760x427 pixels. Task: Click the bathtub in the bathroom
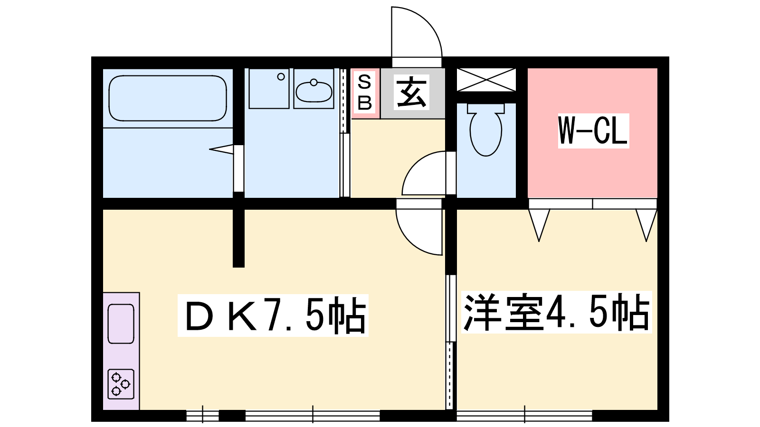point(168,98)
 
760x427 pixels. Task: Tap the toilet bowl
point(486,130)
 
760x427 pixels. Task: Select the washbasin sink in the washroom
point(314,91)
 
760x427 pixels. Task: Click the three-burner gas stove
point(121,384)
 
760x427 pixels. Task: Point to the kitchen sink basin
point(121,324)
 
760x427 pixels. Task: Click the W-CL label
point(593,131)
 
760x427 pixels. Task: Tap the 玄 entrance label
point(411,92)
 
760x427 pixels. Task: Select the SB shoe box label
point(365,93)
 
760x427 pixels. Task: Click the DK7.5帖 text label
point(273,316)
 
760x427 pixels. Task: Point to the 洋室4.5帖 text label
point(556,312)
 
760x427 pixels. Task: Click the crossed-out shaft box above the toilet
point(486,80)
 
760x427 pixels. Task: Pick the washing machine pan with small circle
point(269,88)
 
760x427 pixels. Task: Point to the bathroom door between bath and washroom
point(238,168)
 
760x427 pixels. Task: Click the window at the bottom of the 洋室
point(524,415)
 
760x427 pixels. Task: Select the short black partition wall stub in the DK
point(238,238)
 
